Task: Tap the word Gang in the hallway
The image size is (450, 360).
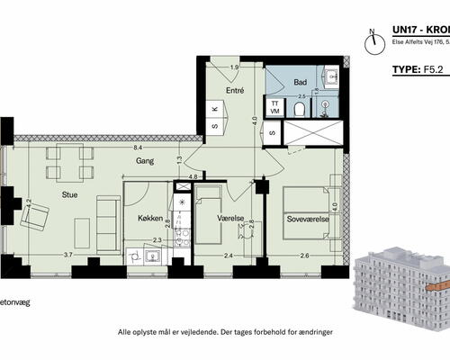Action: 145,161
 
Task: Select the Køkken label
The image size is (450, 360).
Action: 150,219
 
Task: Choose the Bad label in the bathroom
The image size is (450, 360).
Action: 301,81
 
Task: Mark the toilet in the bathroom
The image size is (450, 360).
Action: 301,110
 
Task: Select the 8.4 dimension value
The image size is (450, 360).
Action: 137,147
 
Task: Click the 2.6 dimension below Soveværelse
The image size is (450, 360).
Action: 304,256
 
